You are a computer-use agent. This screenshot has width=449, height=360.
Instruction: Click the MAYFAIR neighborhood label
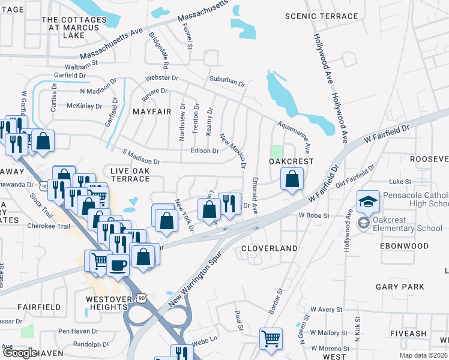coord(148,112)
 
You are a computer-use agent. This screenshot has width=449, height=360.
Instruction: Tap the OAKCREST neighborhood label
coord(291,161)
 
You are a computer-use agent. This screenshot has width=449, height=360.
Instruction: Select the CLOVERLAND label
coord(269,248)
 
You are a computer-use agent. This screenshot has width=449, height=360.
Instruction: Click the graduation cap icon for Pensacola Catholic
coord(368,200)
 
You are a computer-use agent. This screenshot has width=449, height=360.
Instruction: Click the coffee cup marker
coord(118,263)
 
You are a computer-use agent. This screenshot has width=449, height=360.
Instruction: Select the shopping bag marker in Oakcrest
coord(292,179)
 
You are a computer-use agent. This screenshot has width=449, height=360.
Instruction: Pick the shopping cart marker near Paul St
coord(271,338)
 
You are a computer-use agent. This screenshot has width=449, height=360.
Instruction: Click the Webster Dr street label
coord(161,78)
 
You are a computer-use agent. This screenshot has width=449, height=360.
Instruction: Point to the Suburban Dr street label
coord(227,81)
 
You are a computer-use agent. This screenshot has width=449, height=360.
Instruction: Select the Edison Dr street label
coord(204,151)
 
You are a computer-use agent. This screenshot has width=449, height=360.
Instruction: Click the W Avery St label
coord(326,310)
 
